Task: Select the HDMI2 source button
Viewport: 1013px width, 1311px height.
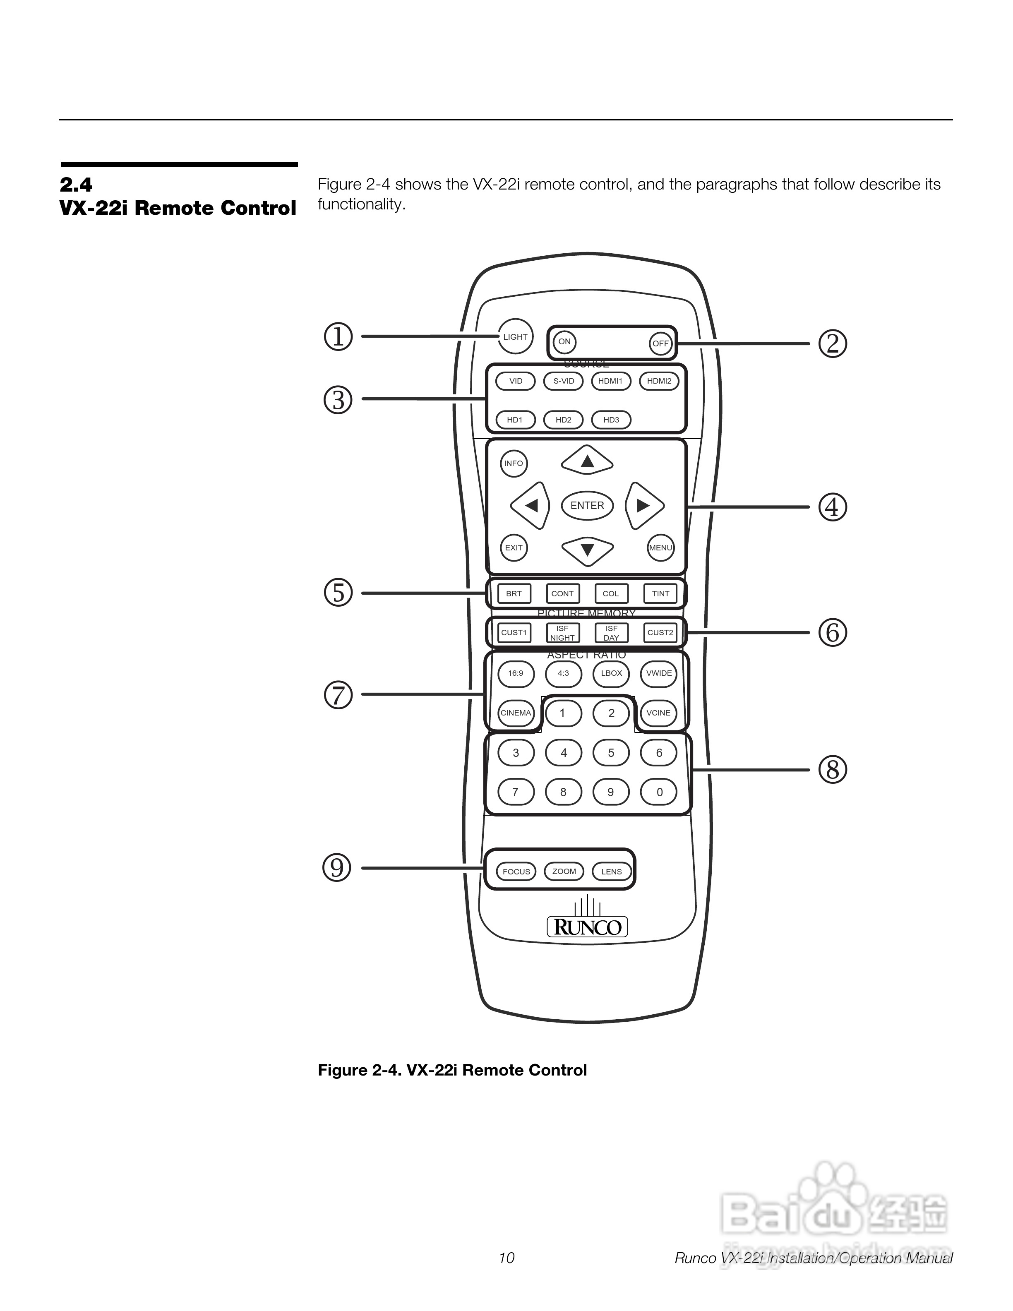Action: coord(659,381)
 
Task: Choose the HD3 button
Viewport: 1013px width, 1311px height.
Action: coord(611,420)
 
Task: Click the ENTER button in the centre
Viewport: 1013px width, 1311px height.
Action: coord(587,505)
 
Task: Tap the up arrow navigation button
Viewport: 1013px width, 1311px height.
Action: coord(587,461)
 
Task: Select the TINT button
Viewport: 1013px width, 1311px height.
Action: coord(660,594)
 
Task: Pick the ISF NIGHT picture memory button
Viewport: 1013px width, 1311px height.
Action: coord(562,633)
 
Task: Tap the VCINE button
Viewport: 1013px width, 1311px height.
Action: coord(658,713)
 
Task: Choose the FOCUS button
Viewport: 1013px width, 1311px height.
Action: coord(516,872)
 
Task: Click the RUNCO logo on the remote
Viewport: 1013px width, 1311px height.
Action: coord(587,927)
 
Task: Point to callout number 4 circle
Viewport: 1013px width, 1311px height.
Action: coord(832,507)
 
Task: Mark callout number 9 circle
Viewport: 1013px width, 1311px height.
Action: coord(337,867)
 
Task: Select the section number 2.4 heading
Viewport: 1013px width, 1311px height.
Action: coord(76,184)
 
